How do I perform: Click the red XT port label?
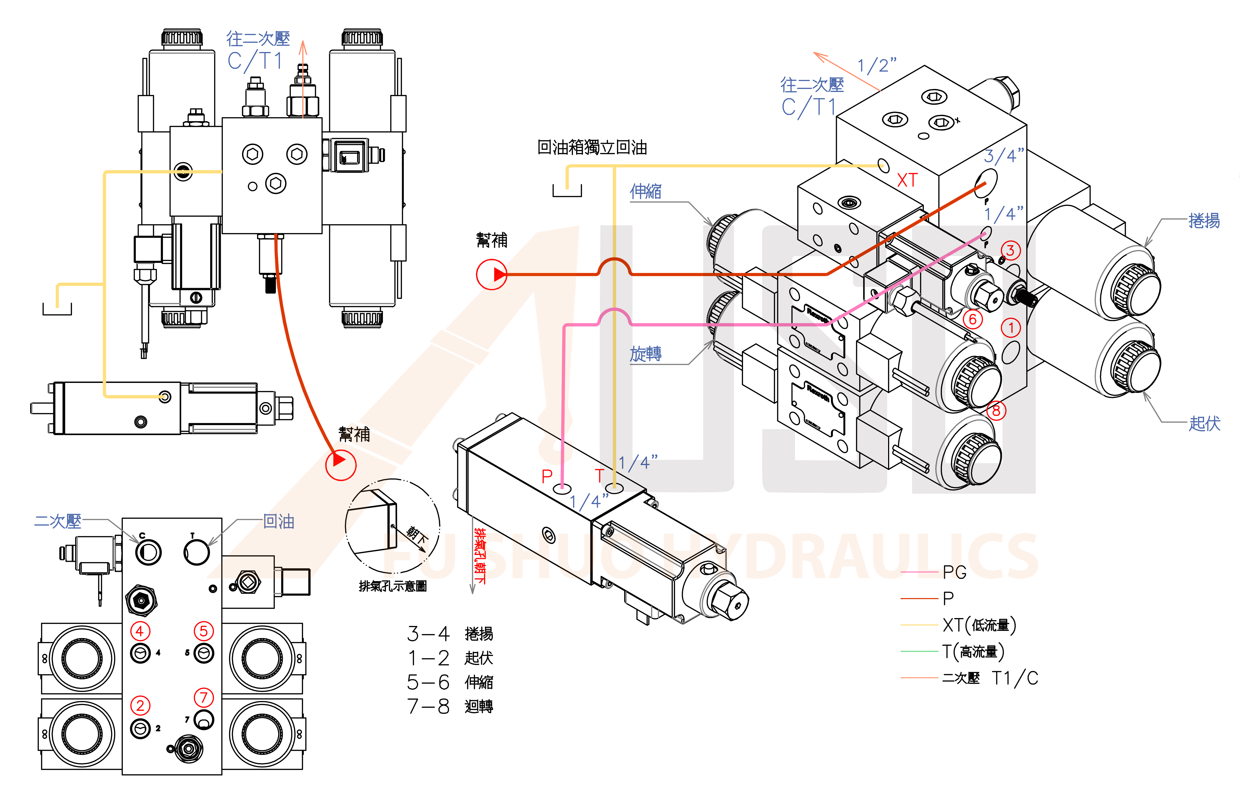pyautogui.click(x=907, y=180)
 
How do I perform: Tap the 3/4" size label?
pyautogui.click(x=1003, y=156)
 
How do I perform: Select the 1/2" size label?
pyautogui.click(x=877, y=65)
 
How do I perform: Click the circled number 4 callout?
pyautogui.click(x=140, y=631)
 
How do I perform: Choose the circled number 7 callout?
pyautogui.click(x=203, y=697)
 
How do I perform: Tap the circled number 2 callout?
pyautogui.click(x=140, y=706)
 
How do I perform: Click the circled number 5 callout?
pyautogui.click(x=203, y=631)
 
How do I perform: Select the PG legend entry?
pyautogui.click(x=954, y=573)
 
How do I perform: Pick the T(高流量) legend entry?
pyautogui.click(x=973, y=651)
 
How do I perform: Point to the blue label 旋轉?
pyautogui.click(x=646, y=354)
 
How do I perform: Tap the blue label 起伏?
pyautogui.click(x=1204, y=423)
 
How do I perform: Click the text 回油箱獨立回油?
pyautogui.click(x=592, y=148)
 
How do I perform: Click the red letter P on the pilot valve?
pyautogui.click(x=546, y=476)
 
